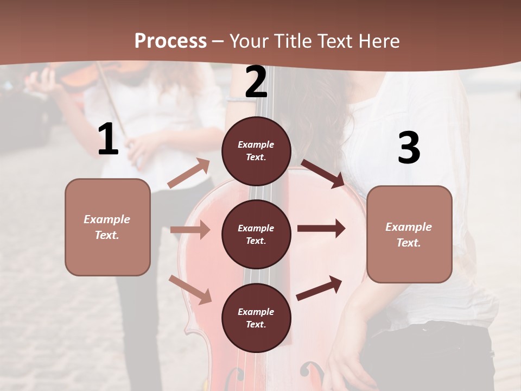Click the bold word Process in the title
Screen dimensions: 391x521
[x=170, y=41]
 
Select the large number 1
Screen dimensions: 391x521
[x=108, y=140]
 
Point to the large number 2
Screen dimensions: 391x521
[x=256, y=82]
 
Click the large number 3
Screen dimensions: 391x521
[x=409, y=148]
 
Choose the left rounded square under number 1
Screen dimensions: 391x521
[x=107, y=227]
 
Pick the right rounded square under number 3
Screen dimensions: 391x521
[x=409, y=234]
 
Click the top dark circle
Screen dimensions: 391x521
[x=256, y=151]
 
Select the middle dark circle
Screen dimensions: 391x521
[x=256, y=234]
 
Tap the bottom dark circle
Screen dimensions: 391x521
[x=256, y=318]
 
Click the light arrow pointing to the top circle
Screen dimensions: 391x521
[x=189, y=173]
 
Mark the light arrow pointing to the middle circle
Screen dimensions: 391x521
[x=190, y=230]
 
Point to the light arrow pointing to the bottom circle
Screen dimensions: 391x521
[x=190, y=289]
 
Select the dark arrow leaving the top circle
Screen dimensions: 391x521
[x=323, y=173]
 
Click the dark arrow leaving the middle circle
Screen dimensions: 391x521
[x=321, y=228]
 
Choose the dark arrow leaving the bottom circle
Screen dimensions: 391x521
[x=319, y=288]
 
